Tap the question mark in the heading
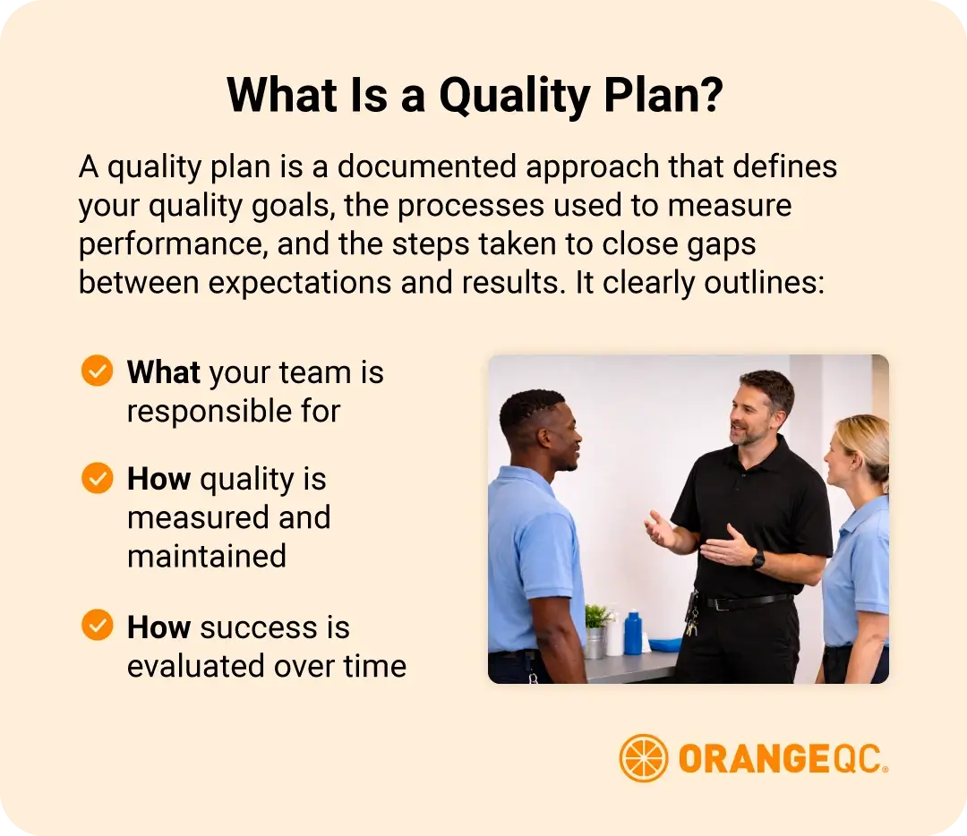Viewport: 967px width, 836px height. [x=708, y=95]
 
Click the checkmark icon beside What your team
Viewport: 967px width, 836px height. [x=97, y=371]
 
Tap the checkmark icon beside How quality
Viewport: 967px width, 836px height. [x=97, y=478]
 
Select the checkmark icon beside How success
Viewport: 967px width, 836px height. [x=97, y=626]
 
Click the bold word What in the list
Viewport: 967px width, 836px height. [x=164, y=372]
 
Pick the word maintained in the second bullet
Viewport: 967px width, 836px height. [x=207, y=556]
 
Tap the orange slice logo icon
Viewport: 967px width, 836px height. [x=643, y=758]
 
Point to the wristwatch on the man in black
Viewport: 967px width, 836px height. [x=757, y=559]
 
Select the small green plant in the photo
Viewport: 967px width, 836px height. [x=597, y=617]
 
